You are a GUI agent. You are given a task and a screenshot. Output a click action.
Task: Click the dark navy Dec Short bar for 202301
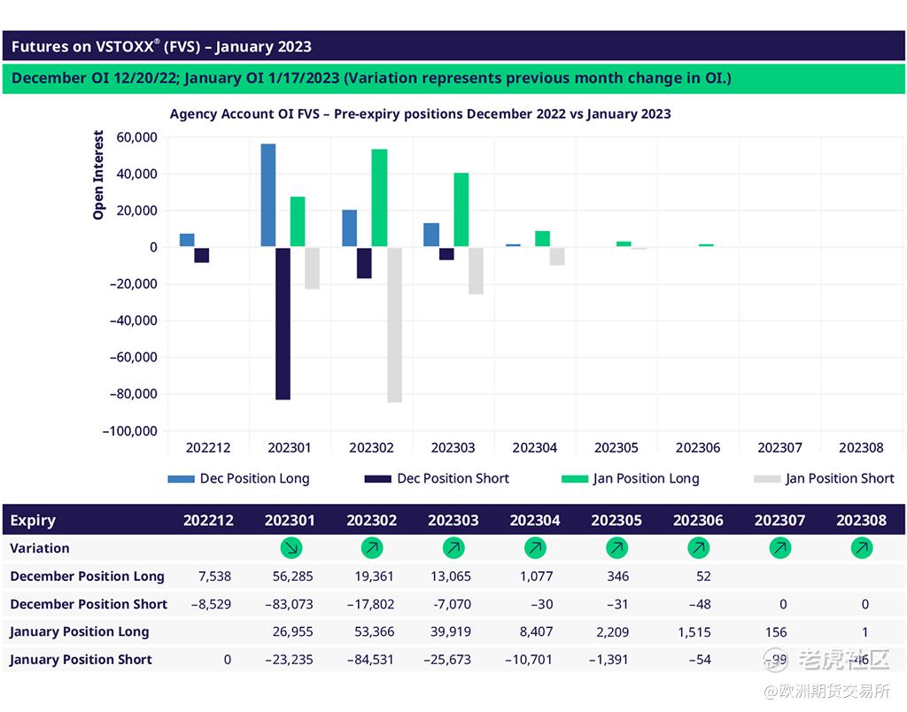[283, 323]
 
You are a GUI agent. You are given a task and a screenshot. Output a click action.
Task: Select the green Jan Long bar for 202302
[379, 197]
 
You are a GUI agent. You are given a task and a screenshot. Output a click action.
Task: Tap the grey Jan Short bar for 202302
[394, 325]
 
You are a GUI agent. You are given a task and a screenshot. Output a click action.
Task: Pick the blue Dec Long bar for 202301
[267, 195]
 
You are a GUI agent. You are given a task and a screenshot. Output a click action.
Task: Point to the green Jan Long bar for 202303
[461, 210]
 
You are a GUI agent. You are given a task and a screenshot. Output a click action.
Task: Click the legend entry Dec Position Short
[437, 479]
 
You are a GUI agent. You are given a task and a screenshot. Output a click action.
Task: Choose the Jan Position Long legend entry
[631, 479]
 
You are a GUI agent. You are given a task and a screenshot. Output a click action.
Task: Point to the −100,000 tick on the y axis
[129, 431]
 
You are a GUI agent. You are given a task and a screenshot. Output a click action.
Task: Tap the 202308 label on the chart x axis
[861, 448]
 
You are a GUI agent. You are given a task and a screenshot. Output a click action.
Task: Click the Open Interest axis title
[98, 174]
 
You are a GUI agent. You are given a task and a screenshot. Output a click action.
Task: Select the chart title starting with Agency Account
[420, 114]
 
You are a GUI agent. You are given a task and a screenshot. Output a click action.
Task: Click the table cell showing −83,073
[290, 604]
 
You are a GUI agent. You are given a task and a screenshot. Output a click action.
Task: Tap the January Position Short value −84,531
[370, 660]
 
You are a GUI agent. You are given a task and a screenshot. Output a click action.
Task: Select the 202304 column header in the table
[535, 521]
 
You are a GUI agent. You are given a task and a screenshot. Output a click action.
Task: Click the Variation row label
[40, 549]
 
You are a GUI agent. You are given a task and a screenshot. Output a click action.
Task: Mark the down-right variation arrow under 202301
[291, 549]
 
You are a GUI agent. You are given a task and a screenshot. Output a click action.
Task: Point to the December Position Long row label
[87, 577]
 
